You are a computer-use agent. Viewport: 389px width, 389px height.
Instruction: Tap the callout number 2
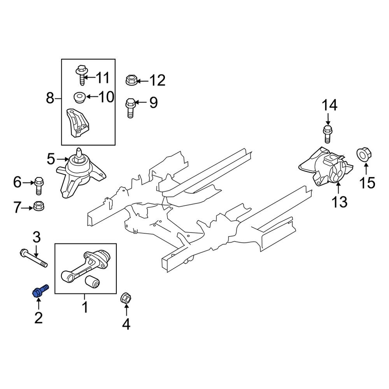[38, 317]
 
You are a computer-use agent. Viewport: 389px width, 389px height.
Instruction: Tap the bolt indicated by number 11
[81, 75]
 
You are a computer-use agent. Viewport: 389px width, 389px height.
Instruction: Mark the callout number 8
[50, 98]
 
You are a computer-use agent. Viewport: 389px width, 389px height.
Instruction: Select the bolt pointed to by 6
[39, 186]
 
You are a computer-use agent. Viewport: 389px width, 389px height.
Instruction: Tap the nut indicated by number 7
[39, 206]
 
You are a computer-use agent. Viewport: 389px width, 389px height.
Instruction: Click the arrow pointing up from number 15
[366, 170]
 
